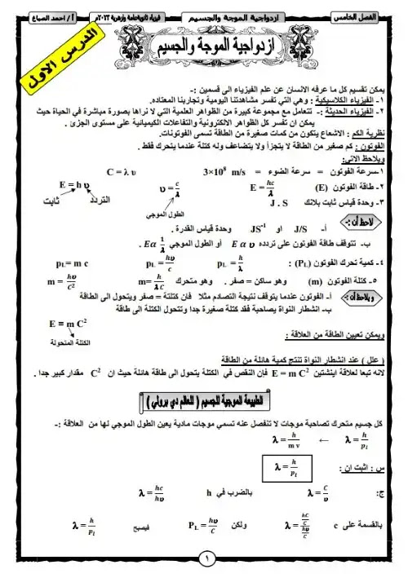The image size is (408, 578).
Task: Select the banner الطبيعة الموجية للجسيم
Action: [205, 401]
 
